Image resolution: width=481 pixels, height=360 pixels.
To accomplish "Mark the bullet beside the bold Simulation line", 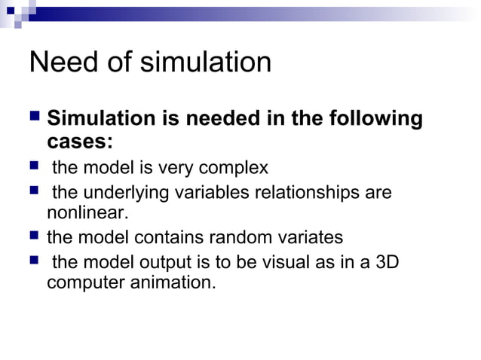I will [x=34, y=119].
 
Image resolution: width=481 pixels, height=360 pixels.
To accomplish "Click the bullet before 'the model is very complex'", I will [x=34, y=166].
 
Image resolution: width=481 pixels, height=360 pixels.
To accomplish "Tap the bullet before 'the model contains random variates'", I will [x=34, y=237].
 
